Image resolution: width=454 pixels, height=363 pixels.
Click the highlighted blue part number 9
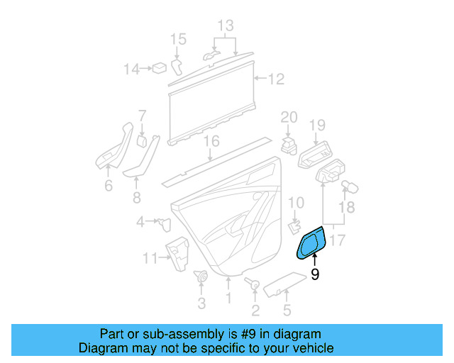311,245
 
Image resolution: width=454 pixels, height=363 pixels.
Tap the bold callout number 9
315,274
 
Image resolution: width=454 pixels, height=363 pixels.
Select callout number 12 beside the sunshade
275,79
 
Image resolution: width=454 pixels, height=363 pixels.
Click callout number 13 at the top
225,26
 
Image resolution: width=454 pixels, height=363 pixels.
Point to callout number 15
178,38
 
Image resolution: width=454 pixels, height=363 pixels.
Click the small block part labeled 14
160,68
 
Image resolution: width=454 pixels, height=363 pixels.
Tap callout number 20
289,117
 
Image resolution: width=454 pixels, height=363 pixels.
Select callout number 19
317,125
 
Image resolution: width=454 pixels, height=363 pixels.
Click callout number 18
345,207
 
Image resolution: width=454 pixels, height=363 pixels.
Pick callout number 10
296,203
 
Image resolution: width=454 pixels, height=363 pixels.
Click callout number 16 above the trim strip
211,141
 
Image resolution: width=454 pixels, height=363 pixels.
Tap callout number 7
142,115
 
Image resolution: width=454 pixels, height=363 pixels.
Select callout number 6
108,186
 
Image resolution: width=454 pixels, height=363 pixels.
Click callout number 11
150,258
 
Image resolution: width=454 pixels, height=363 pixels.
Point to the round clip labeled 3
201,277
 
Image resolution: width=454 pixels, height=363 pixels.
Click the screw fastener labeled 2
253,284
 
